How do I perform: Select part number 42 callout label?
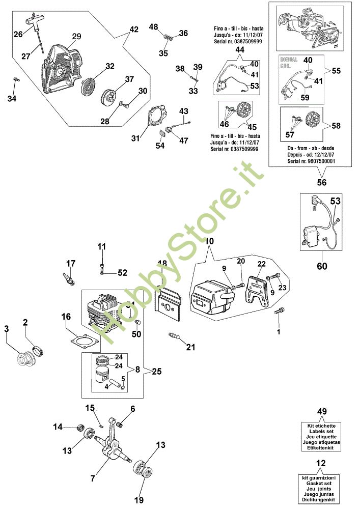[x=133, y=30]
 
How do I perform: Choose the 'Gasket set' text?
[x=322, y=484]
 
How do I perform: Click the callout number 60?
[x=322, y=266]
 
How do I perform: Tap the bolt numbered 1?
[x=280, y=310]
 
